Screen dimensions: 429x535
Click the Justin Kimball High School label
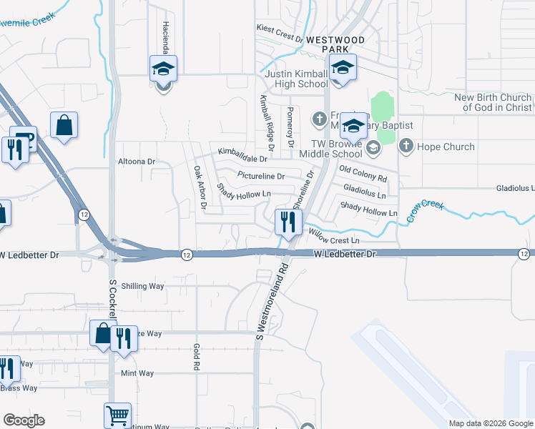(x=296, y=79)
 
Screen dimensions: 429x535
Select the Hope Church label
(x=446, y=147)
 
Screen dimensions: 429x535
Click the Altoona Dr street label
(x=137, y=162)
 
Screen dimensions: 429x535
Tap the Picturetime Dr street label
(x=261, y=176)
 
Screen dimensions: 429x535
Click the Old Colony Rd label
(x=363, y=173)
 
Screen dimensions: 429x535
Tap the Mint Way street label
(x=137, y=373)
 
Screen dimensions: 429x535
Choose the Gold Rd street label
(x=195, y=356)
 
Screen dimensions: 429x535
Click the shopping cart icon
(x=117, y=415)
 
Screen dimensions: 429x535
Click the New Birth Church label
(x=494, y=102)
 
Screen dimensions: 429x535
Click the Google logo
(x=24, y=420)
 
